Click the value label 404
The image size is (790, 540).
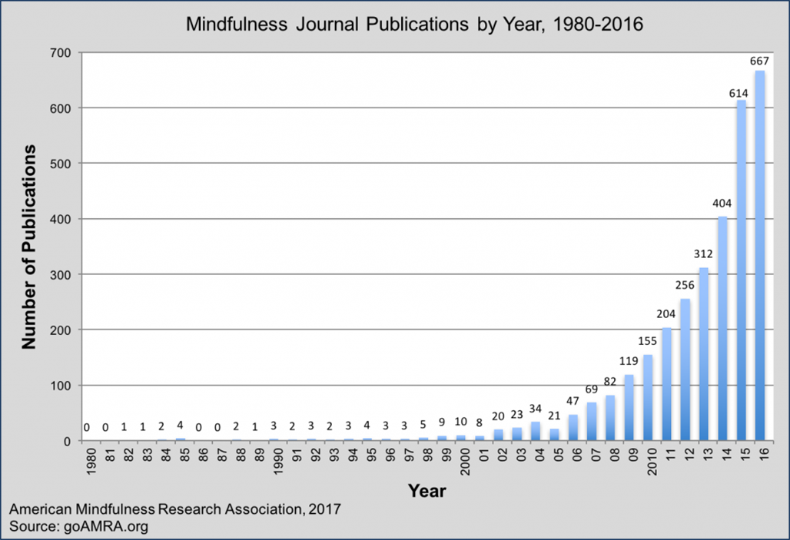coord(722,204)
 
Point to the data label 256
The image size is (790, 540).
coord(685,285)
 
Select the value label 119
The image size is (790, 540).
coord(629,361)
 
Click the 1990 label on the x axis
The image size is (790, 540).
coord(274,459)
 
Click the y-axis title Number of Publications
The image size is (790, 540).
coord(29,247)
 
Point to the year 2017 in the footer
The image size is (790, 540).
coord(324,509)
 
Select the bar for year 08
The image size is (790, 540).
coord(610,418)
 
